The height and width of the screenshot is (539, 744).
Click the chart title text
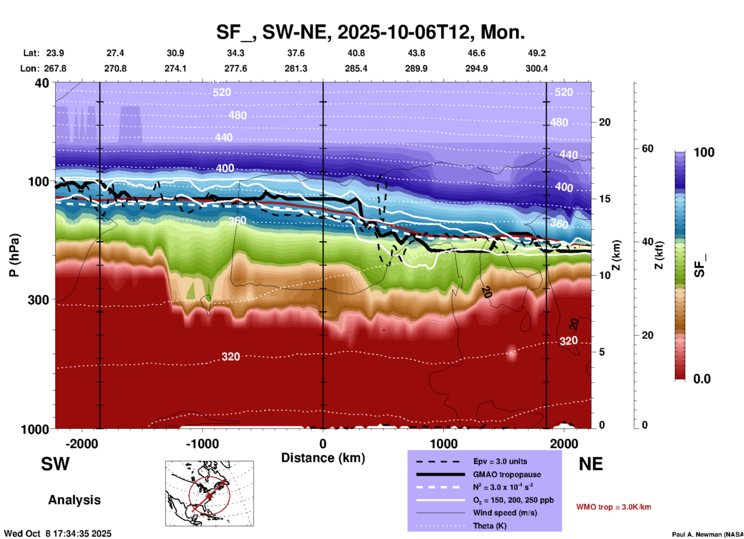click(370, 32)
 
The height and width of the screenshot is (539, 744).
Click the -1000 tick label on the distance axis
click(202, 443)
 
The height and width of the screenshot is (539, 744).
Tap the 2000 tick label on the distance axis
click(564, 443)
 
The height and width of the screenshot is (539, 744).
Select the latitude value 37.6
click(296, 53)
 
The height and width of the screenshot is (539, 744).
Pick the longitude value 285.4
click(356, 68)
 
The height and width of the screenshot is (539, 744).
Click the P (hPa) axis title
click(14, 255)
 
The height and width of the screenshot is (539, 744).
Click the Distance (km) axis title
click(323, 458)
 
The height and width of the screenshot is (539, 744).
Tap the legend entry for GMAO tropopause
click(506, 474)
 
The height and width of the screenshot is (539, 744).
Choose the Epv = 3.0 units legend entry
click(500, 461)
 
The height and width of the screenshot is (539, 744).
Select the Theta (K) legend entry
click(490, 526)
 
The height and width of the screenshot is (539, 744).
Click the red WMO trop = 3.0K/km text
click(613, 507)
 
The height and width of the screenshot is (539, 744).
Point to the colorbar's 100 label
click(704, 152)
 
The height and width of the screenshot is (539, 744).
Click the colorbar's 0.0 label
click(702, 379)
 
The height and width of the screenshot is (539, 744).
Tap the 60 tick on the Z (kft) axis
click(647, 148)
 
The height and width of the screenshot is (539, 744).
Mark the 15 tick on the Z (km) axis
click(605, 199)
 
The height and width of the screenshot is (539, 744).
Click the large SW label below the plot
click(55, 464)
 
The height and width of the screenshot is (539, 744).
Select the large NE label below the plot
click(591, 464)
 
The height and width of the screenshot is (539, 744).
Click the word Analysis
click(74, 500)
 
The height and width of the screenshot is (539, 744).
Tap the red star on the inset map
click(209, 496)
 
